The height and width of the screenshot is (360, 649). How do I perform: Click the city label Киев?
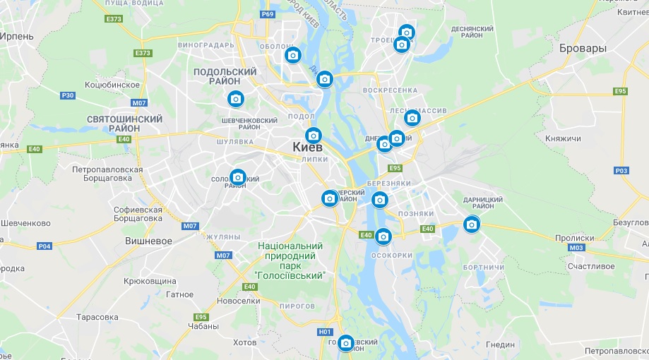click(x=307, y=148)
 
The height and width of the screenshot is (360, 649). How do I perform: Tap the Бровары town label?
click(x=582, y=49)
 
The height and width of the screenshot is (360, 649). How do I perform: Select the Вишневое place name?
click(x=148, y=241)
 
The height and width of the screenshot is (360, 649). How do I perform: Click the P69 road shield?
click(x=267, y=14)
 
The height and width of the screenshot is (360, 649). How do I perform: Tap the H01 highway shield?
click(x=325, y=332)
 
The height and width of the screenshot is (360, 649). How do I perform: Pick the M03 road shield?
click(x=576, y=248)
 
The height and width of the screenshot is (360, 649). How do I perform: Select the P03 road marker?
click(x=621, y=170)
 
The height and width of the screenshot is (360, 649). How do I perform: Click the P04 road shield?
click(x=44, y=246)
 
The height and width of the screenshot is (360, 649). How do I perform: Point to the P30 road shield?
click(x=68, y=95)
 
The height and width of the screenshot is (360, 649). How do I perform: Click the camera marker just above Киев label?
click(x=313, y=135)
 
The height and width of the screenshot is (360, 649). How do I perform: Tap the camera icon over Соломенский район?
click(x=238, y=176)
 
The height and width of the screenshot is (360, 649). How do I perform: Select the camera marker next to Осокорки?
click(x=383, y=236)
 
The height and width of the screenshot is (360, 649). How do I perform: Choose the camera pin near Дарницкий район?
click(x=471, y=224)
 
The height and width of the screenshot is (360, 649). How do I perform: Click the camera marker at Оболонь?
click(x=292, y=54)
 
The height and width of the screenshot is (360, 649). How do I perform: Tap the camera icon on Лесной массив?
click(x=412, y=117)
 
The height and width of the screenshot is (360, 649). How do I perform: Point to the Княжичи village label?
click(x=562, y=138)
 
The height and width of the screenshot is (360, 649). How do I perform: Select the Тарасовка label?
click(x=97, y=317)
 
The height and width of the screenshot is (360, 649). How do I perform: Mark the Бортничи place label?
click(x=484, y=268)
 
